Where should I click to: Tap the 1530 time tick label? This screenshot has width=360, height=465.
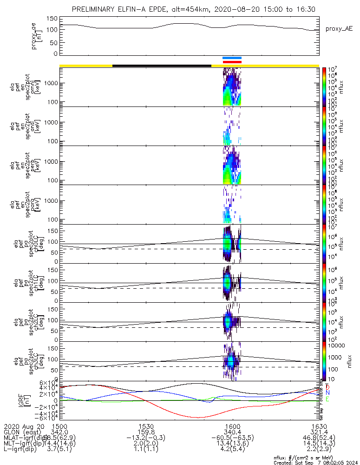click(146, 426)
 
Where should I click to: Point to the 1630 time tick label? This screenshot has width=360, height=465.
click(319, 426)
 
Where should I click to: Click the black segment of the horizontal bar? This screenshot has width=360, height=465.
click(162, 66)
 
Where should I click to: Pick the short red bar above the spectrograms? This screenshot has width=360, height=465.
click(232, 62)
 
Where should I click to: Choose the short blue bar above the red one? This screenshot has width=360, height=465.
click(232, 58)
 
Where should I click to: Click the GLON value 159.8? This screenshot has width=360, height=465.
click(146, 432)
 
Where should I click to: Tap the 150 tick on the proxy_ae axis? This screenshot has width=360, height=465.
click(52, 19)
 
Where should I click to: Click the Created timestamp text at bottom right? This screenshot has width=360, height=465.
click(314, 462)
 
